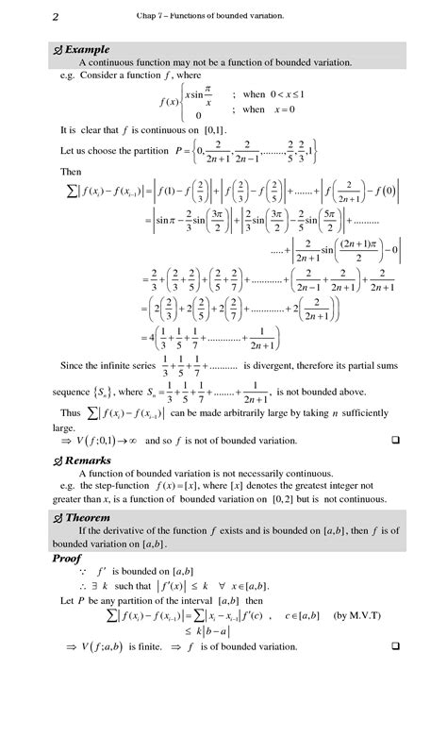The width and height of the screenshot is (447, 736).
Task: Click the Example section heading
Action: pyautogui.click(x=87, y=49)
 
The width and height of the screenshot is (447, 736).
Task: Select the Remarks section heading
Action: pyautogui.click(x=89, y=460)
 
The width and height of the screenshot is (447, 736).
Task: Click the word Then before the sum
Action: pyautogui.click(x=70, y=172)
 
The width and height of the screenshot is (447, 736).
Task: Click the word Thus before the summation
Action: pyautogui.click(x=70, y=412)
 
